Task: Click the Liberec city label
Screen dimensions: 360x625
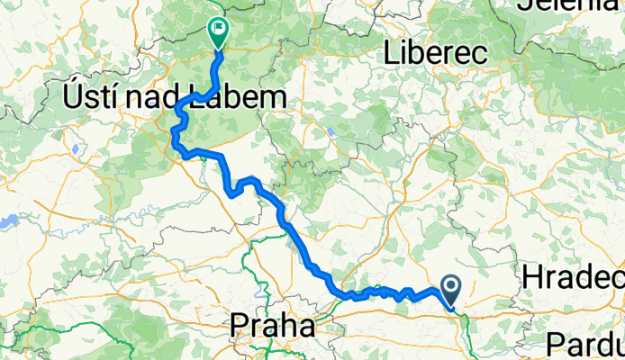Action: [x=435, y=53]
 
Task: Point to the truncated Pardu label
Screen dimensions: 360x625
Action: [x=584, y=343]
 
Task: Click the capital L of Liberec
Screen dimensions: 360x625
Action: [x=390, y=53]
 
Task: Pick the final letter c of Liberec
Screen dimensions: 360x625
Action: [x=480, y=54]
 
